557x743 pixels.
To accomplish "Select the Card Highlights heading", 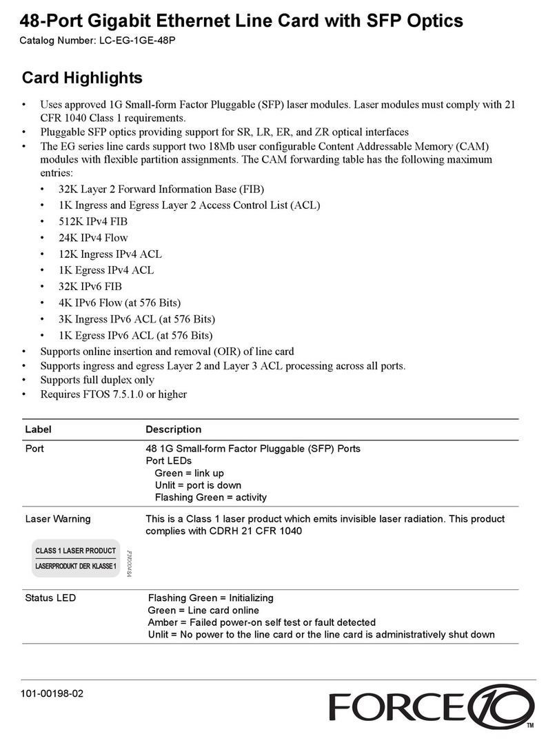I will [x=82, y=78].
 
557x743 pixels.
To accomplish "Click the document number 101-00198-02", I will [x=52, y=693].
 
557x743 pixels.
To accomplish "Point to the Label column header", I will [x=38, y=429].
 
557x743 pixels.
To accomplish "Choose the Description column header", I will [x=174, y=429].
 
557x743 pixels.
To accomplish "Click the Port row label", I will [x=35, y=449].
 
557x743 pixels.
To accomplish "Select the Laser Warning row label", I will [x=57, y=518].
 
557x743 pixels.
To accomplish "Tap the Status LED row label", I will [x=50, y=598].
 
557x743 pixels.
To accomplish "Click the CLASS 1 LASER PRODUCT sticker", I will [x=77, y=558].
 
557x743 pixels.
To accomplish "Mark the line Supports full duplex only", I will [x=97, y=380].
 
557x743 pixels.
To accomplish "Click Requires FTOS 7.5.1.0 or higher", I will [x=114, y=394].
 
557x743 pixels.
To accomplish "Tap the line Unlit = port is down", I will [x=198, y=485].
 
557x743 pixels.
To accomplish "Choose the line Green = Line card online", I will [x=203, y=610].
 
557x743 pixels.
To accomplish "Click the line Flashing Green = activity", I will [x=210, y=497].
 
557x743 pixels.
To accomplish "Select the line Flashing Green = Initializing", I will [x=210, y=598].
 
